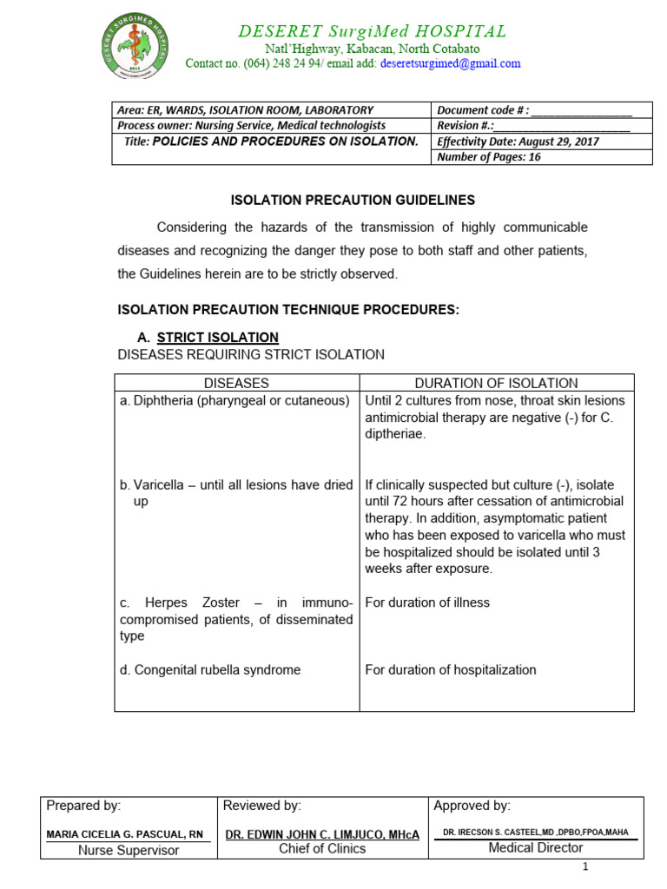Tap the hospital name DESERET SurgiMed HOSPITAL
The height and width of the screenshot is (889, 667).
[373, 31]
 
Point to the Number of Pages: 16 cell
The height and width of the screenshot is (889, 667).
[489, 157]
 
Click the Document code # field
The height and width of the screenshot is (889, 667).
[534, 110]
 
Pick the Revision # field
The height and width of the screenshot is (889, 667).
[533, 126]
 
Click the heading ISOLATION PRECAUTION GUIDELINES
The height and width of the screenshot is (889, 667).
[353, 200]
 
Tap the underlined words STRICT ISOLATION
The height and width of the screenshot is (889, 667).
[218, 337]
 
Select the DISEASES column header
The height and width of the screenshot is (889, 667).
[236, 383]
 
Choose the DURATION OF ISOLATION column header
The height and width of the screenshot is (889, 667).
[496, 383]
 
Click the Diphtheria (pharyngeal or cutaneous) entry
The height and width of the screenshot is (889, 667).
[235, 400]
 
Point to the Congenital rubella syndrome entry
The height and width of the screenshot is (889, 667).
[211, 670]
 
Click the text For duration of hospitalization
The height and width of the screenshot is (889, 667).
[451, 670]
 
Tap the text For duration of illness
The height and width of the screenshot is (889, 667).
[427, 603]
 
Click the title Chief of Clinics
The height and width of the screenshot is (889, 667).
[322, 849]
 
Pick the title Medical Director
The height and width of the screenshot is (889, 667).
[536, 848]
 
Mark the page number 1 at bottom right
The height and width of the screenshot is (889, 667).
[585, 867]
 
